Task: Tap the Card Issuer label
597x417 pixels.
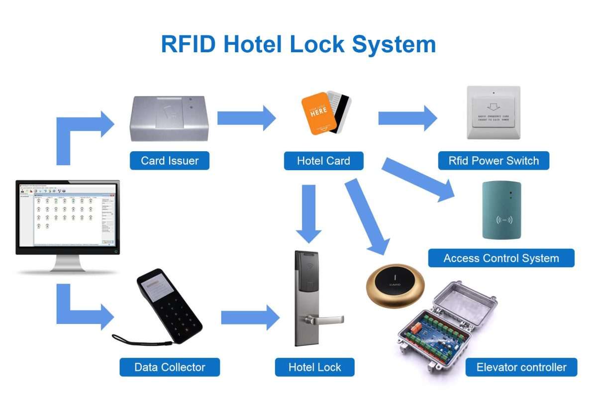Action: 170,161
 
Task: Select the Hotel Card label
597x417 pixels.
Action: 323,161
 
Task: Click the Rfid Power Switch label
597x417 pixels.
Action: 494,161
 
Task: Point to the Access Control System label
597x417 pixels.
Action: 501,258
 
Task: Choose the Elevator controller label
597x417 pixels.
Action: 521,367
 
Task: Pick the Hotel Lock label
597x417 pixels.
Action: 314,367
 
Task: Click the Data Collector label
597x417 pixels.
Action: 170,367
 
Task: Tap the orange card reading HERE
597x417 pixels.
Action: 317,113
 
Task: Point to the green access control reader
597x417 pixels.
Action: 501,209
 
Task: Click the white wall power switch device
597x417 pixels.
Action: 493,112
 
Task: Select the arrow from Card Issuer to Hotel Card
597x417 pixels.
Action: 246,118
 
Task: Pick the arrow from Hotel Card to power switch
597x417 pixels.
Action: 407,118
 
